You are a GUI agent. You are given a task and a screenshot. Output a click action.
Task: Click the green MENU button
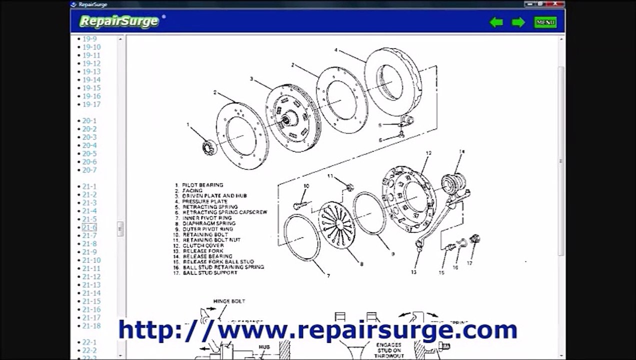545,22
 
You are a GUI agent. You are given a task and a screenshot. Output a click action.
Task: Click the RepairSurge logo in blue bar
119,21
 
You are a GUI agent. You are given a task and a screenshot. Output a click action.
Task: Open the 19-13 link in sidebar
91,71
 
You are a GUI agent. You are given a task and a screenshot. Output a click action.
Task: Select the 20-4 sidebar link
89,145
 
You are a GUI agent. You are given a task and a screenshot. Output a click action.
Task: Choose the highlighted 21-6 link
89,227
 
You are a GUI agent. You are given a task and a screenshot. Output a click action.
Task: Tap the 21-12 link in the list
91,276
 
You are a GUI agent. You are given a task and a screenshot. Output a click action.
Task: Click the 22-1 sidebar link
89,342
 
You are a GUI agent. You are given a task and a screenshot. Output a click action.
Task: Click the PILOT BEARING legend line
202,185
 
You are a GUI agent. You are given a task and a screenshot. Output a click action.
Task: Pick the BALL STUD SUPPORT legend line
210,273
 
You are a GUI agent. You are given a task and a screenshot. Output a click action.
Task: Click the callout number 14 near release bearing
461,151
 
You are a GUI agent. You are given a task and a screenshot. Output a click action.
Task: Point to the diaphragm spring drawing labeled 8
337,224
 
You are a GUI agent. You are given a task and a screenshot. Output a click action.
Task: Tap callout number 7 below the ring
328,276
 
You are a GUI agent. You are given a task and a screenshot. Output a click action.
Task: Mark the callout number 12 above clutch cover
428,153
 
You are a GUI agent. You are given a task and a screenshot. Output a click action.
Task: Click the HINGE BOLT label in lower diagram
229,301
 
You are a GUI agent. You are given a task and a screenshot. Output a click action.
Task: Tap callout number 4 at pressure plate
336,50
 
